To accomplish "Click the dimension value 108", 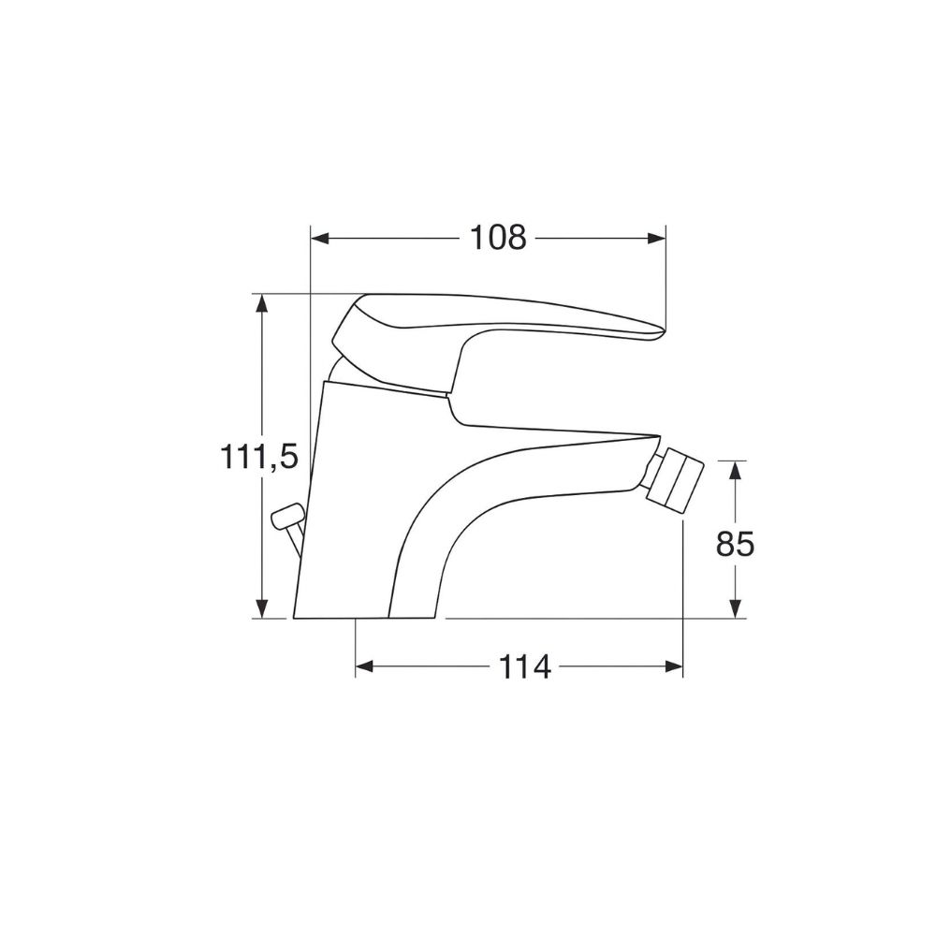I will pyautogui.click(x=498, y=238).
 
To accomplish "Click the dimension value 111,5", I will pyautogui.click(x=258, y=457).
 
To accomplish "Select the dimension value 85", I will pyautogui.click(x=736, y=543).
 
